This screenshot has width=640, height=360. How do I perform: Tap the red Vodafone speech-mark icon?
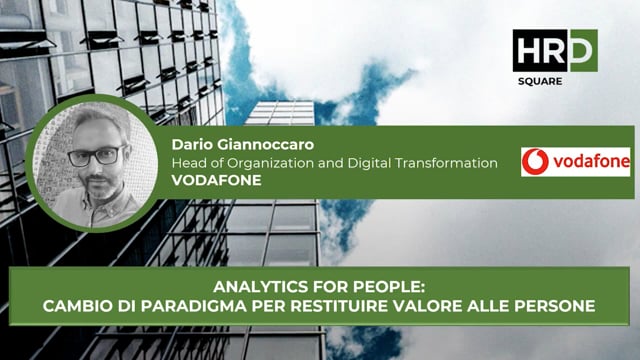click(x=537, y=162)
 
